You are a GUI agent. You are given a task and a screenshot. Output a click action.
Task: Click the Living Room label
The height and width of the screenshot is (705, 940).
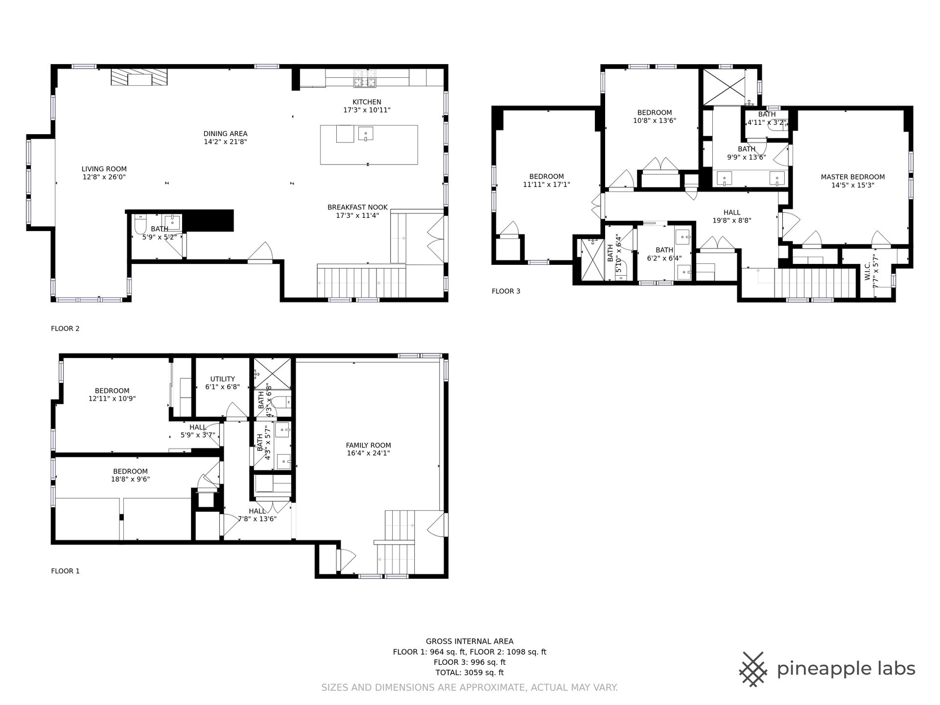tap(104, 169)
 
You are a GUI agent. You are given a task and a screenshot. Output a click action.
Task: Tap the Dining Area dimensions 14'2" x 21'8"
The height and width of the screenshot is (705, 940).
tap(225, 142)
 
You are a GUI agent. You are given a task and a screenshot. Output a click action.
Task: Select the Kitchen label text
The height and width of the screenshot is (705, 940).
tap(367, 102)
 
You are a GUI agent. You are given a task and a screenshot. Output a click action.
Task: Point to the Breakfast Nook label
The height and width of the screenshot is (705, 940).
tap(357, 207)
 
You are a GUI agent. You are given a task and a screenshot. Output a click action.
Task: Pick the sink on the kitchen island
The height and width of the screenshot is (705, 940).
tap(365, 133)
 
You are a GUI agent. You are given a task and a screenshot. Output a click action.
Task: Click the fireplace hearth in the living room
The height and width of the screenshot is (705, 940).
tap(140, 77)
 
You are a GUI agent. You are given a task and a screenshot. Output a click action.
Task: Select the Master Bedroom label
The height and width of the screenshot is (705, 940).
tap(853, 177)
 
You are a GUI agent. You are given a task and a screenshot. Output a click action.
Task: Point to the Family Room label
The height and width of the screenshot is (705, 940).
tap(368, 446)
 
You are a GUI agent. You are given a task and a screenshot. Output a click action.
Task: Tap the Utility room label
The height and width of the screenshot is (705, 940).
tap(223, 379)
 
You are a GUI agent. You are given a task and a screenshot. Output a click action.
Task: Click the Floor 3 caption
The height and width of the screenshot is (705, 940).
tap(506, 291)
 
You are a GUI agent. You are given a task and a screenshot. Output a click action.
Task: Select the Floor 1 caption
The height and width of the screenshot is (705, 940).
tap(65, 571)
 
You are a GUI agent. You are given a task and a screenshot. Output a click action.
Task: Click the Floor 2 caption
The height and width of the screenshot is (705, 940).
tap(65, 329)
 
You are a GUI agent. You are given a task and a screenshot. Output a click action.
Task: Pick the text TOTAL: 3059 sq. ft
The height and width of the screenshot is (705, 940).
tap(470, 673)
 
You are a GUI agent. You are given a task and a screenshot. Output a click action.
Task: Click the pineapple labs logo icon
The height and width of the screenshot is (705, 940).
tap(754, 669)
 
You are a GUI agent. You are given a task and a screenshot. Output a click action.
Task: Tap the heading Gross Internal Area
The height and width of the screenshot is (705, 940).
tap(470, 641)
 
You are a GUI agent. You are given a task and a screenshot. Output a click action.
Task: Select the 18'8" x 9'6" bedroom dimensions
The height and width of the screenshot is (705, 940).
tap(130, 480)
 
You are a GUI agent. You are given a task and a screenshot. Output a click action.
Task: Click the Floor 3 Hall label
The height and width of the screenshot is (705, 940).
tap(732, 212)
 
